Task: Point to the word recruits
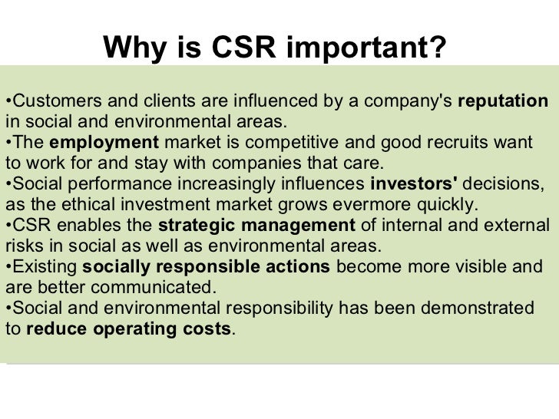(x=464, y=143)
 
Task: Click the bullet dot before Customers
(x=7, y=101)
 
